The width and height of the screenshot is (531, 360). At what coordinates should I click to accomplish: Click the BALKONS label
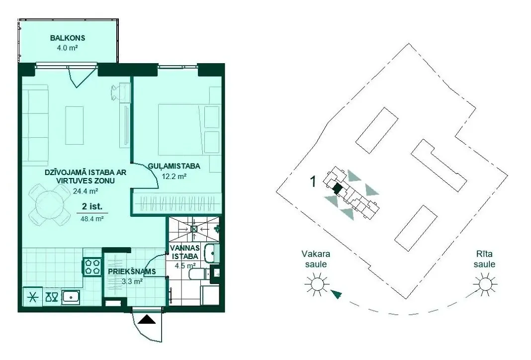pyautogui.click(x=68, y=38)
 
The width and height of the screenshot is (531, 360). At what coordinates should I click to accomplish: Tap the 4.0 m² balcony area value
pyautogui.click(x=68, y=48)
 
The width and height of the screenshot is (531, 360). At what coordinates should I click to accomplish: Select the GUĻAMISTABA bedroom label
pyautogui.click(x=174, y=166)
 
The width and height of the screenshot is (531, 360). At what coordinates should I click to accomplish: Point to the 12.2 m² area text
pyautogui.click(x=174, y=176)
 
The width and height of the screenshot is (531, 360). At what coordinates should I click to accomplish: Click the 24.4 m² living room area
pyautogui.click(x=86, y=191)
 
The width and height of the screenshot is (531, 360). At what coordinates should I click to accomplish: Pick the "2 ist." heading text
pyautogui.click(x=92, y=206)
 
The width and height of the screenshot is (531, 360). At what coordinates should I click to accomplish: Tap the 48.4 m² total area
pyautogui.click(x=92, y=219)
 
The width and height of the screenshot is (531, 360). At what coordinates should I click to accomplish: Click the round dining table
pyautogui.click(x=49, y=204)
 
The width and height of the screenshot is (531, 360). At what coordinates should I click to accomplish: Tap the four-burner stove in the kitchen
pyautogui.click(x=92, y=266)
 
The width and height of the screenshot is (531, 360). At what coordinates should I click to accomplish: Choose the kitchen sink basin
pyautogui.click(x=71, y=297)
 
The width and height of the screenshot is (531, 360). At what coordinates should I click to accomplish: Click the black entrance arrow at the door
pyautogui.click(x=147, y=319)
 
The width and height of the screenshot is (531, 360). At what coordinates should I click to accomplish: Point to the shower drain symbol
pyautogui.click(x=194, y=229)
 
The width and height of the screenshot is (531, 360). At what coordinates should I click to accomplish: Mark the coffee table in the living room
pyautogui.click(x=75, y=125)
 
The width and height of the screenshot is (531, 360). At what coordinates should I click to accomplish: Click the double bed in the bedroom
pyautogui.click(x=181, y=129)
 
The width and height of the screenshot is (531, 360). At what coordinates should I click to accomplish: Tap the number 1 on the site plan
pyautogui.click(x=313, y=182)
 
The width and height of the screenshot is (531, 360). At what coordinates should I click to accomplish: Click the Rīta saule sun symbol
pyautogui.click(x=485, y=284)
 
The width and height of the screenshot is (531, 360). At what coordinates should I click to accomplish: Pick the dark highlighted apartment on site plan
pyautogui.click(x=337, y=188)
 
